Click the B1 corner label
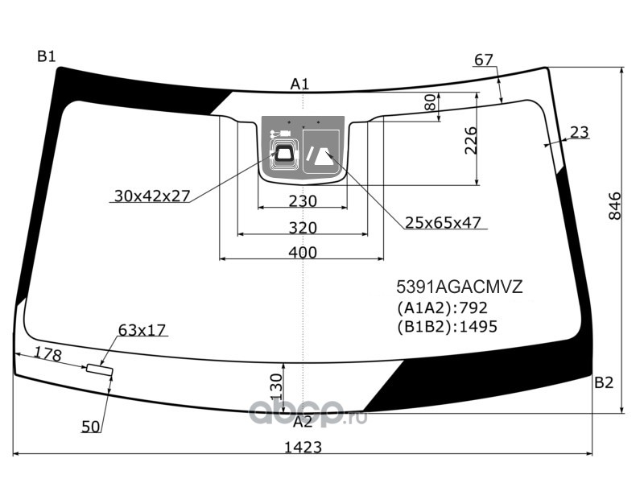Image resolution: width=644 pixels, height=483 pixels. tap(46, 56)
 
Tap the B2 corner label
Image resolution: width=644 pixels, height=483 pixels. tap(604, 383)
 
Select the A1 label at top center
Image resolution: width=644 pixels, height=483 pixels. tap(299, 85)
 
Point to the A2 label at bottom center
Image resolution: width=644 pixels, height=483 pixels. tap(303, 421)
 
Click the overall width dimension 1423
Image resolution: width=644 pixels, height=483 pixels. tap(303, 447)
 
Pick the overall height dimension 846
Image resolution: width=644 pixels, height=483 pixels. tap(615, 206)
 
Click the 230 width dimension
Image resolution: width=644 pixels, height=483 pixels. tap(303, 201)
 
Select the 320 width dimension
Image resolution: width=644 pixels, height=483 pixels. tap(303, 228)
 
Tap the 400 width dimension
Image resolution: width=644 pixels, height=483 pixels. tap(303, 252)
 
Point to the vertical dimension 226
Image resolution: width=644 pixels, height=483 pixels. tap(471, 140)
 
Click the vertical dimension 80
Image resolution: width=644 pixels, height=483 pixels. tap(429, 102)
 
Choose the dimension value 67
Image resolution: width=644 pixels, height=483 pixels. tap(484, 60)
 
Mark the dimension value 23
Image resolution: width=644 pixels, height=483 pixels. tap(580, 132)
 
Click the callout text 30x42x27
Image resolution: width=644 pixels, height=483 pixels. tap(152, 196)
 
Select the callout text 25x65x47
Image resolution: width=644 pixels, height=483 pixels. tap(443, 223)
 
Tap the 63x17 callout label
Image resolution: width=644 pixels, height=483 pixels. tap(142, 330)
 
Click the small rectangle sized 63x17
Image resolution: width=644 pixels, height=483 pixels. tap(99, 369)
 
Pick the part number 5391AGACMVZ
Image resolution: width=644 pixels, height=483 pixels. tap(459, 287)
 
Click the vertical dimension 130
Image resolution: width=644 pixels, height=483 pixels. tap(276, 386)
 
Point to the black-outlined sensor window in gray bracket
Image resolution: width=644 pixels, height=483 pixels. tap(283, 154)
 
